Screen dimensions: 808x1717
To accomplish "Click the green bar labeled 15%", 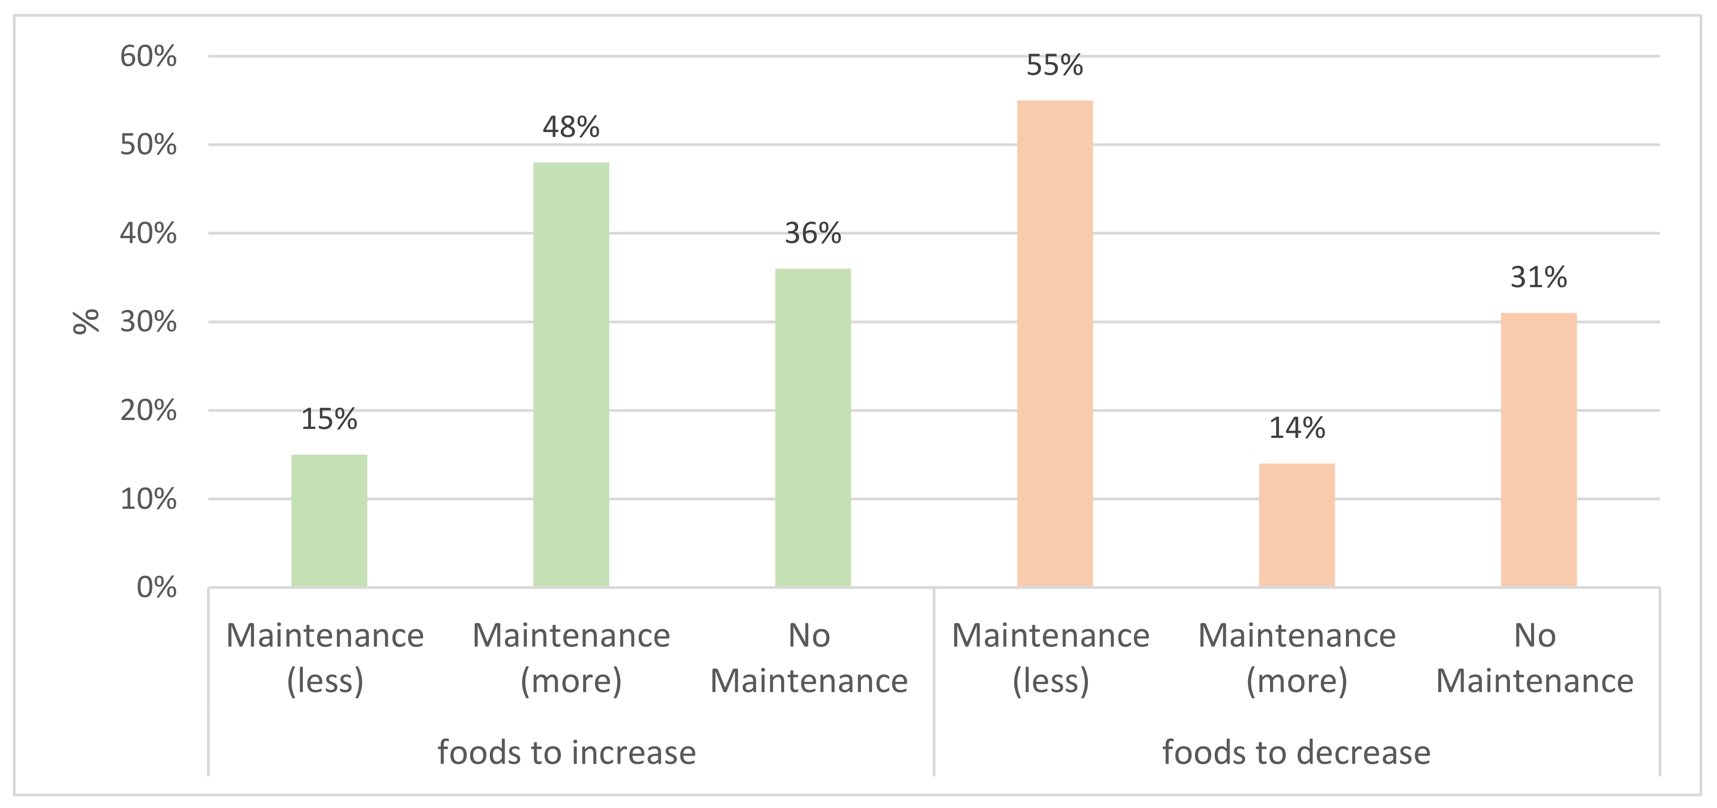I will coord(329,520).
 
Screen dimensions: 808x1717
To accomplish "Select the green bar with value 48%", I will coord(571,375).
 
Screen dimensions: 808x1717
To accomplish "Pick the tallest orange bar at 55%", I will coord(1055,344).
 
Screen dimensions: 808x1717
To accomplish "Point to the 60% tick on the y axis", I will coord(148,57).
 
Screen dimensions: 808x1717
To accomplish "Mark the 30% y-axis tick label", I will coord(148,322).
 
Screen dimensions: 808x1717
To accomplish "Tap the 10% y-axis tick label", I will coord(148,499).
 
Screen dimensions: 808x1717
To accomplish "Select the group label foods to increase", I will coord(567,753).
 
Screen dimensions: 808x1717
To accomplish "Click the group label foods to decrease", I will coord(1296,753).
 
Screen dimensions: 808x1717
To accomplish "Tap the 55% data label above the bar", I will coord(1055,65).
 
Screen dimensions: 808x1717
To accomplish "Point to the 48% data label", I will coord(571,127).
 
